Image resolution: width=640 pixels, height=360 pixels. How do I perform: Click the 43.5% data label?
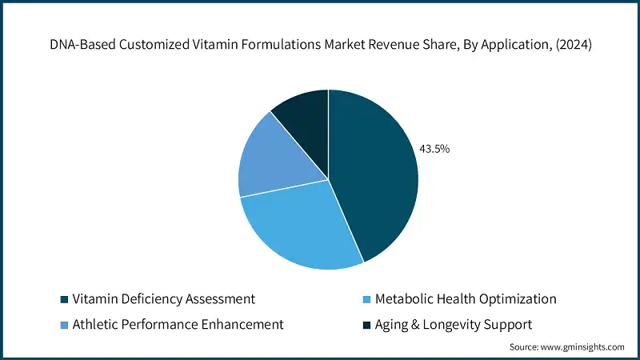(434, 148)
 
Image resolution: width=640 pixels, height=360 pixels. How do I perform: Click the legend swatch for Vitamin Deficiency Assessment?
(63, 299)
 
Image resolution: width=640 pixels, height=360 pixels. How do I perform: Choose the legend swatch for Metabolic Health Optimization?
(367, 299)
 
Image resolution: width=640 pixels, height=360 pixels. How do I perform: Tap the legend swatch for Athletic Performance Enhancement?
(63, 325)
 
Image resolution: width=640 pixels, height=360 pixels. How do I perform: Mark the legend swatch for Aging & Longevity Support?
(367, 325)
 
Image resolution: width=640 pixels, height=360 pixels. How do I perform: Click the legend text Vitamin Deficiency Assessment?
(163, 299)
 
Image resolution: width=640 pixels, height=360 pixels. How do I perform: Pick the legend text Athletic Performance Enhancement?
(178, 325)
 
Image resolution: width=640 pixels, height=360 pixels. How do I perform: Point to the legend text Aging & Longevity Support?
(454, 325)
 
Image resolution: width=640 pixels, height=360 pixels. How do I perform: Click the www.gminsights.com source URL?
(584, 347)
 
